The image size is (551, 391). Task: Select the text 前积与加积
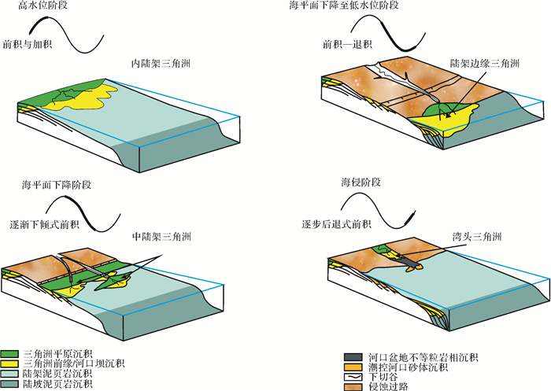tap(28, 44)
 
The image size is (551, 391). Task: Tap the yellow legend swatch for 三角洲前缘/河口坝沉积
tap(11, 364)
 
